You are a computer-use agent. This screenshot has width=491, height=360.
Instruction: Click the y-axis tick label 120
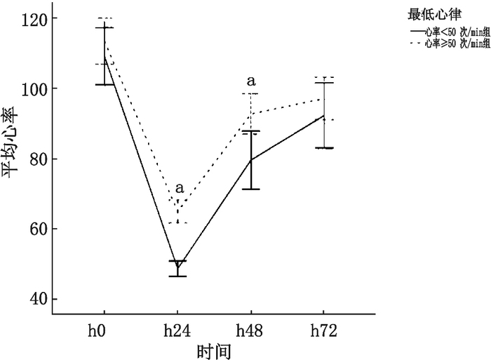(x=37, y=18)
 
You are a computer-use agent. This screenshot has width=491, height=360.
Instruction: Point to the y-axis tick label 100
(x=37, y=88)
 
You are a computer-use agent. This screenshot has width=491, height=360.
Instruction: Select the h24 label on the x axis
(x=177, y=330)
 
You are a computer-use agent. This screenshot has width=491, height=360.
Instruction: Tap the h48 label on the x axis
(x=250, y=330)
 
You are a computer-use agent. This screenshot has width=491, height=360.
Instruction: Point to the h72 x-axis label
(x=323, y=330)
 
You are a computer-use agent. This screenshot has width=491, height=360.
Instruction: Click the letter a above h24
(x=179, y=188)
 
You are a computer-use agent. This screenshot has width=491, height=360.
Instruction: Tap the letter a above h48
(x=250, y=81)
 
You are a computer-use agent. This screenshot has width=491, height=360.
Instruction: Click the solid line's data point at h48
(x=250, y=160)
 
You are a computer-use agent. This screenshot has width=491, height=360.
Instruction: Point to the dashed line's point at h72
(x=323, y=98)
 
